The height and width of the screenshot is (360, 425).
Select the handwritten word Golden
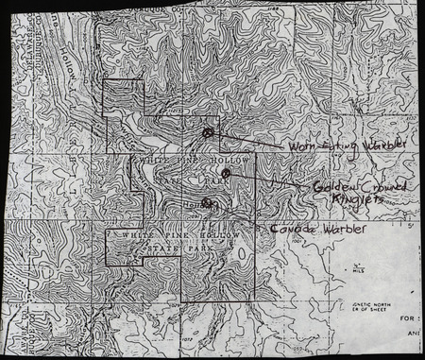(x=330, y=186)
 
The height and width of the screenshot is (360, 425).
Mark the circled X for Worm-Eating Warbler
(x=208, y=133)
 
